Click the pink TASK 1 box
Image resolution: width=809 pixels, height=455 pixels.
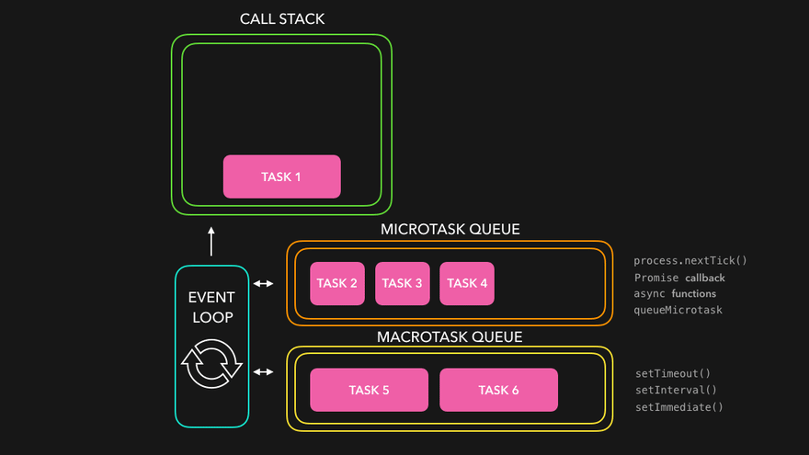(281, 176)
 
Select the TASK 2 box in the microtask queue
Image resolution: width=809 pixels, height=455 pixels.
(337, 283)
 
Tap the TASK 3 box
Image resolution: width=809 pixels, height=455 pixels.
(403, 283)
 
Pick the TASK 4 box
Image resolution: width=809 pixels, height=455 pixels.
(467, 283)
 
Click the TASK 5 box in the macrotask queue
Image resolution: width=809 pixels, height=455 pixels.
(369, 390)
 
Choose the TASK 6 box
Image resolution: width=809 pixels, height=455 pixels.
(498, 390)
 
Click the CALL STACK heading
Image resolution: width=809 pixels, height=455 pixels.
(282, 19)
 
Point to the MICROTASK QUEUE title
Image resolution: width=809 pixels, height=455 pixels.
(450, 229)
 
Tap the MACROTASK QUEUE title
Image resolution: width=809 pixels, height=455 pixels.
(450, 336)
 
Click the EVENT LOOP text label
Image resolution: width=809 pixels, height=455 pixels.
(211, 308)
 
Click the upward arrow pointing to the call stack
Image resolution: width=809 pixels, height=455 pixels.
(211, 242)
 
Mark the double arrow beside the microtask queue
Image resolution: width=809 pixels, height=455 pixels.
(264, 283)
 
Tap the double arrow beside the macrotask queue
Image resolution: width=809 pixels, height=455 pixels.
(264, 371)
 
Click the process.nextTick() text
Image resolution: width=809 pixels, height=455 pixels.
(690, 260)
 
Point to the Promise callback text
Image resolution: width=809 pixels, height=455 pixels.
(679, 277)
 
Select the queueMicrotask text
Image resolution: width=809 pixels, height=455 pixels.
(678, 310)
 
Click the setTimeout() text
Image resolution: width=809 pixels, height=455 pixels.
(673, 373)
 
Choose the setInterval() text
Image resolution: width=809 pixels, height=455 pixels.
(676, 390)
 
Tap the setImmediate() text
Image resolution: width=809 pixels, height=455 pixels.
(679, 406)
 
